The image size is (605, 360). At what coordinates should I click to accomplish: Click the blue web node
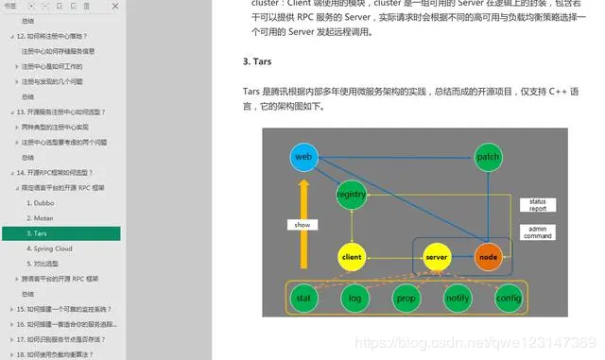303,156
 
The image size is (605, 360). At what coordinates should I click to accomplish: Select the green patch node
488,156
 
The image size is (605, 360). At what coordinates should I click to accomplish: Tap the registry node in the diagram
351,195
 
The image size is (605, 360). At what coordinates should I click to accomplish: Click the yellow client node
351,256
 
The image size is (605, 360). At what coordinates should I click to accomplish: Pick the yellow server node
436,256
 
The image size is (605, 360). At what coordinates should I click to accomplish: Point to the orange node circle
488,256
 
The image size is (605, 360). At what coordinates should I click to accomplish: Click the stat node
303,298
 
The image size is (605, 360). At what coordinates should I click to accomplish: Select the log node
354,298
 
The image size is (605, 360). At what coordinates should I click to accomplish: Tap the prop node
406,298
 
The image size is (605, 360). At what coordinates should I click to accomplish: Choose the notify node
458,298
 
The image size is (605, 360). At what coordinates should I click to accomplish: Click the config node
509,298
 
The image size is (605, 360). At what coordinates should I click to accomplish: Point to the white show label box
302,225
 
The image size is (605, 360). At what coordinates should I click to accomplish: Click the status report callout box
537,204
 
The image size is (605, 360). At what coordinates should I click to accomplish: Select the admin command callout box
537,232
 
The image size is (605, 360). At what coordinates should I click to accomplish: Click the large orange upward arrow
302,236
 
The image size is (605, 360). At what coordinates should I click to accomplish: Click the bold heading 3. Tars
258,62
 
